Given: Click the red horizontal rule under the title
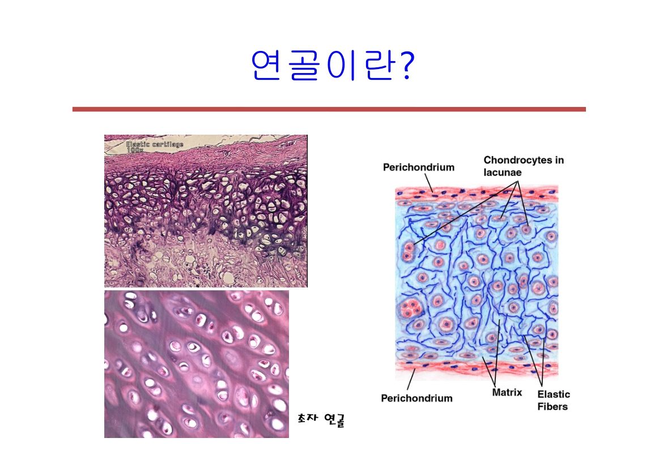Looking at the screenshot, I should point(329,109).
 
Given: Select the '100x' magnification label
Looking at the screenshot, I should point(135,151).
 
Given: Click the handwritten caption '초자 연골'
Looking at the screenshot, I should point(321,419).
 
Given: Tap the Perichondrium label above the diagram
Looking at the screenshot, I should point(418,167).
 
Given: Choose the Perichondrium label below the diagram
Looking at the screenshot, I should point(416,398).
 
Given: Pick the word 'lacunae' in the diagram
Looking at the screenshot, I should point(503,171).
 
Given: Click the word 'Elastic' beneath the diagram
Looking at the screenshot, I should point(554,394).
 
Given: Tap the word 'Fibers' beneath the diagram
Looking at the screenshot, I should point(552,406).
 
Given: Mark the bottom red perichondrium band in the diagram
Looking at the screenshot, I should point(476,371).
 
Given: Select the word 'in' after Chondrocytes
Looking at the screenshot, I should point(559,160).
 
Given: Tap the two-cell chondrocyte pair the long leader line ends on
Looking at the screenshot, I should point(407,248).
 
